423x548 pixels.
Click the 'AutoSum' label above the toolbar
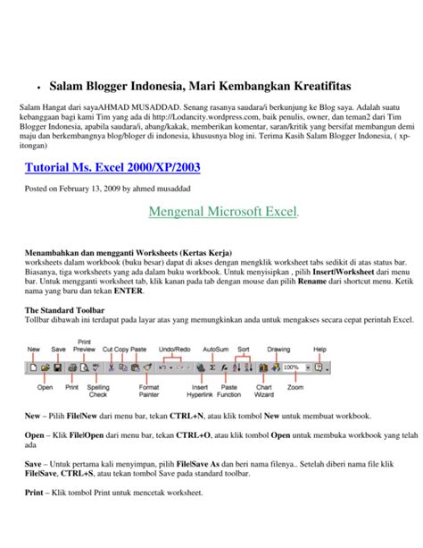[x=215, y=349]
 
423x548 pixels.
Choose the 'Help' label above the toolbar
[x=319, y=349]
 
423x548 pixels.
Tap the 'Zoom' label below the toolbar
[x=295, y=387]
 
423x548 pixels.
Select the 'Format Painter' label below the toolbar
[x=148, y=392]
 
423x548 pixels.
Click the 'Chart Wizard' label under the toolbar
[x=264, y=392]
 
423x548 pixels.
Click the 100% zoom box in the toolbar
[x=291, y=367]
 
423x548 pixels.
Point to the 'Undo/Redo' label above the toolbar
[x=173, y=349]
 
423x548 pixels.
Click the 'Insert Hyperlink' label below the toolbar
[x=199, y=392]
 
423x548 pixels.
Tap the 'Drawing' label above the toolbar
[x=279, y=349]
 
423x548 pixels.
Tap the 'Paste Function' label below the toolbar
[x=230, y=392]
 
